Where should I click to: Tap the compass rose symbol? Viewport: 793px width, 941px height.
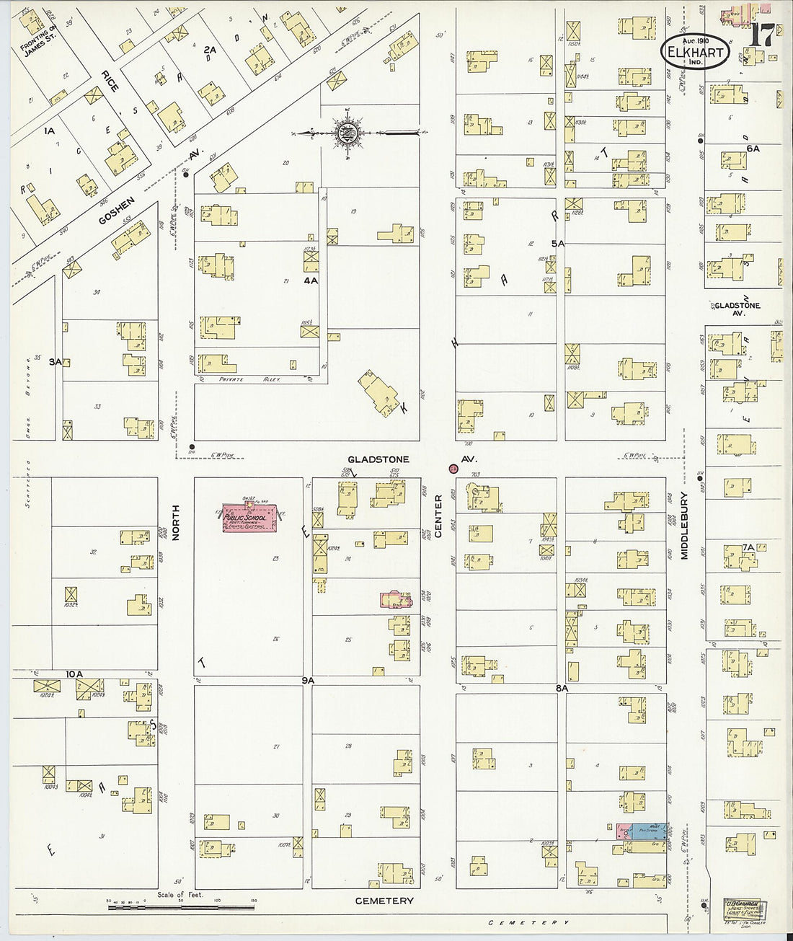(x=348, y=132)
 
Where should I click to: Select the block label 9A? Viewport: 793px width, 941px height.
(x=309, y=680)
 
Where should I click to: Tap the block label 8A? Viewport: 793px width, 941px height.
(x=562, y=689)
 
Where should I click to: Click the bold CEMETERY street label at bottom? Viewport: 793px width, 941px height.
(x=385, y=901)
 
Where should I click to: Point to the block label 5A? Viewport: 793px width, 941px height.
(x=557, y=244)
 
